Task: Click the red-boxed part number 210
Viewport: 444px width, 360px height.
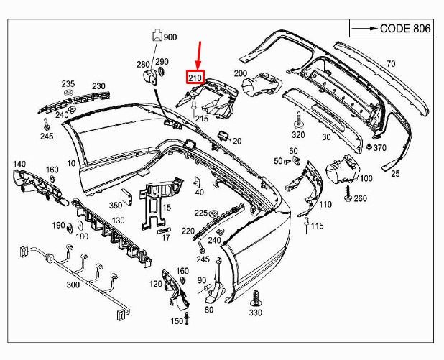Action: click(195, 77)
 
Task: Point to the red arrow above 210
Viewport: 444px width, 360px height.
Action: click(199, 55)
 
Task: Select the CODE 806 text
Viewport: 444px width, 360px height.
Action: click(405, 29)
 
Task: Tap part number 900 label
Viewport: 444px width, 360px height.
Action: click(170, 37)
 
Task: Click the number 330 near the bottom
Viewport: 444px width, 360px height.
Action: click(256, 313)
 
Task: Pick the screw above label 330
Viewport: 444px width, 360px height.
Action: click(256, 298)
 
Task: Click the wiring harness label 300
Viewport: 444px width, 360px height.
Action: click(73, 285)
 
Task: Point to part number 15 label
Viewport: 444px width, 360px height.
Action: click(167, 208)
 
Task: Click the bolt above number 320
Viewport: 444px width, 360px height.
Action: click(298, 120)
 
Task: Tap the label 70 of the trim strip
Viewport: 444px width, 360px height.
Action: click(391, 64)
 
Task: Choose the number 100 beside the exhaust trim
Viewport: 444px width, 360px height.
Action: click(366, 178)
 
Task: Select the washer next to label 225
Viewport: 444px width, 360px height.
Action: click(213, 213)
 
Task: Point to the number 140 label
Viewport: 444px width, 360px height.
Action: click(19, 164)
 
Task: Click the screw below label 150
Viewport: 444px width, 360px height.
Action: click(187, 318)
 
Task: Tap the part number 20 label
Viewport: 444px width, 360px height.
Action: click(237, 141)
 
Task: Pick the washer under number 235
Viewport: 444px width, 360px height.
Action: click(68, 93)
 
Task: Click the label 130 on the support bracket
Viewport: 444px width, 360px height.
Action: click(118, 221)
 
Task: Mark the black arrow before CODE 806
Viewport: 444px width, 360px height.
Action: click(365, 28)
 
